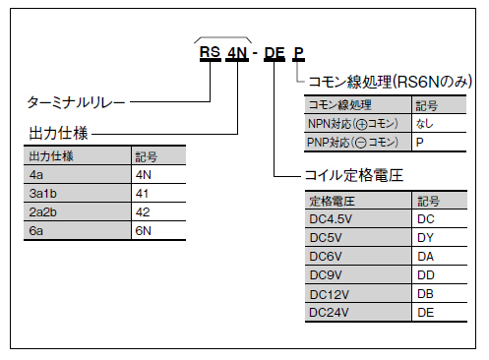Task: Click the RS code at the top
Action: [x=209, y=53]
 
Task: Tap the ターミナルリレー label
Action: [x=75, y=101]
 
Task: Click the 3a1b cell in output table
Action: [x=46, y=194]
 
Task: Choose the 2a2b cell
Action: [x=46, y=212]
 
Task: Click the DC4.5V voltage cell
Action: [x=332, y=219]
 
